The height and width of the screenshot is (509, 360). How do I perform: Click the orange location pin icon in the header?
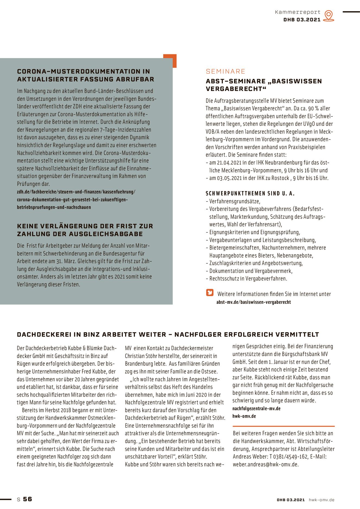[329, 15]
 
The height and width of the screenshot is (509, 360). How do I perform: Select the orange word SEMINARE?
[225, 71]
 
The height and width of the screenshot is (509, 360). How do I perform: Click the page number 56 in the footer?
[27, 499]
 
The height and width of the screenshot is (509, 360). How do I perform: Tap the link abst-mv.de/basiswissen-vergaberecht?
[254, 302]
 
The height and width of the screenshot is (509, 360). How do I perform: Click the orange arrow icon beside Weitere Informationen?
[210, 292]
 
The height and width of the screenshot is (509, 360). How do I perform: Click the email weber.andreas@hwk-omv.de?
[266, 464]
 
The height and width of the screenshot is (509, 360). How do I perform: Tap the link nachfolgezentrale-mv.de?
[256, 409]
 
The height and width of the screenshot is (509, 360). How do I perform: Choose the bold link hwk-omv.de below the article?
[244, 416]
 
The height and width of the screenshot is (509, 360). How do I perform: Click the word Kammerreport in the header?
[298, 12]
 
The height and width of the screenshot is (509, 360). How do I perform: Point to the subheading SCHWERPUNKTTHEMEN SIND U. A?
[250, 194]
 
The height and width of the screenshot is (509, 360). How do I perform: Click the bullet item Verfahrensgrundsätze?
[235, 201]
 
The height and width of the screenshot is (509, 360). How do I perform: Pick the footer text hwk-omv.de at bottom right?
[321, 500]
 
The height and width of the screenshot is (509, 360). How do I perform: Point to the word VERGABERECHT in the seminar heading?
[235, 89]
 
